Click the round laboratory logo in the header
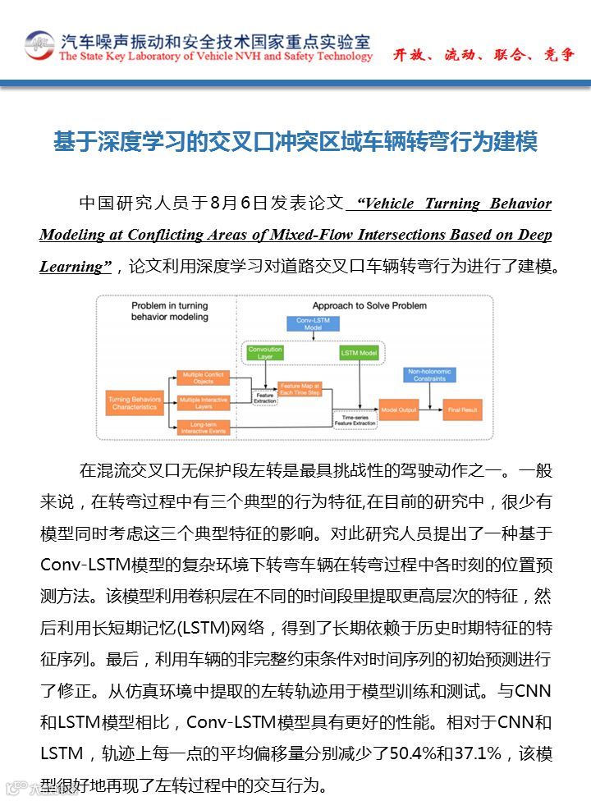point(39,45)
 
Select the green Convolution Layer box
point(265,354)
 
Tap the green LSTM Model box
point(359,353)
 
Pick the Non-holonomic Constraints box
point(428,375)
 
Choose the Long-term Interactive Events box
point(204,427)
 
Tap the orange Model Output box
point(397,409)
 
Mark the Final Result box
point(462,409)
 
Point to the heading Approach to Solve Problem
point(369,306)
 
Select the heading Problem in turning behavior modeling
point(170,311)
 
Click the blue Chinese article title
point(295,142)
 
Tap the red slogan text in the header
point(483,55)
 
